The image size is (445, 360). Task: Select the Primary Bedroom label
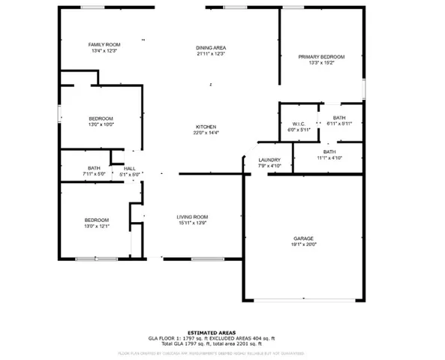tap(321, 57)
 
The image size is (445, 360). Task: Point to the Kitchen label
tap(206, 127)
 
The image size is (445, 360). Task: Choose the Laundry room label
tap(269, 160)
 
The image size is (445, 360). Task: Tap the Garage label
tap(304, 237)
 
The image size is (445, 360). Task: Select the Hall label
tap(131, 168)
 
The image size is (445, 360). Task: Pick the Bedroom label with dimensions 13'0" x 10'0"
tap(101, 118)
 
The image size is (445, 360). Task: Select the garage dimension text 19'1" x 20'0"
tap(304, 244)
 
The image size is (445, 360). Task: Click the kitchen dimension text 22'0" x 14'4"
tap(206, 133)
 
